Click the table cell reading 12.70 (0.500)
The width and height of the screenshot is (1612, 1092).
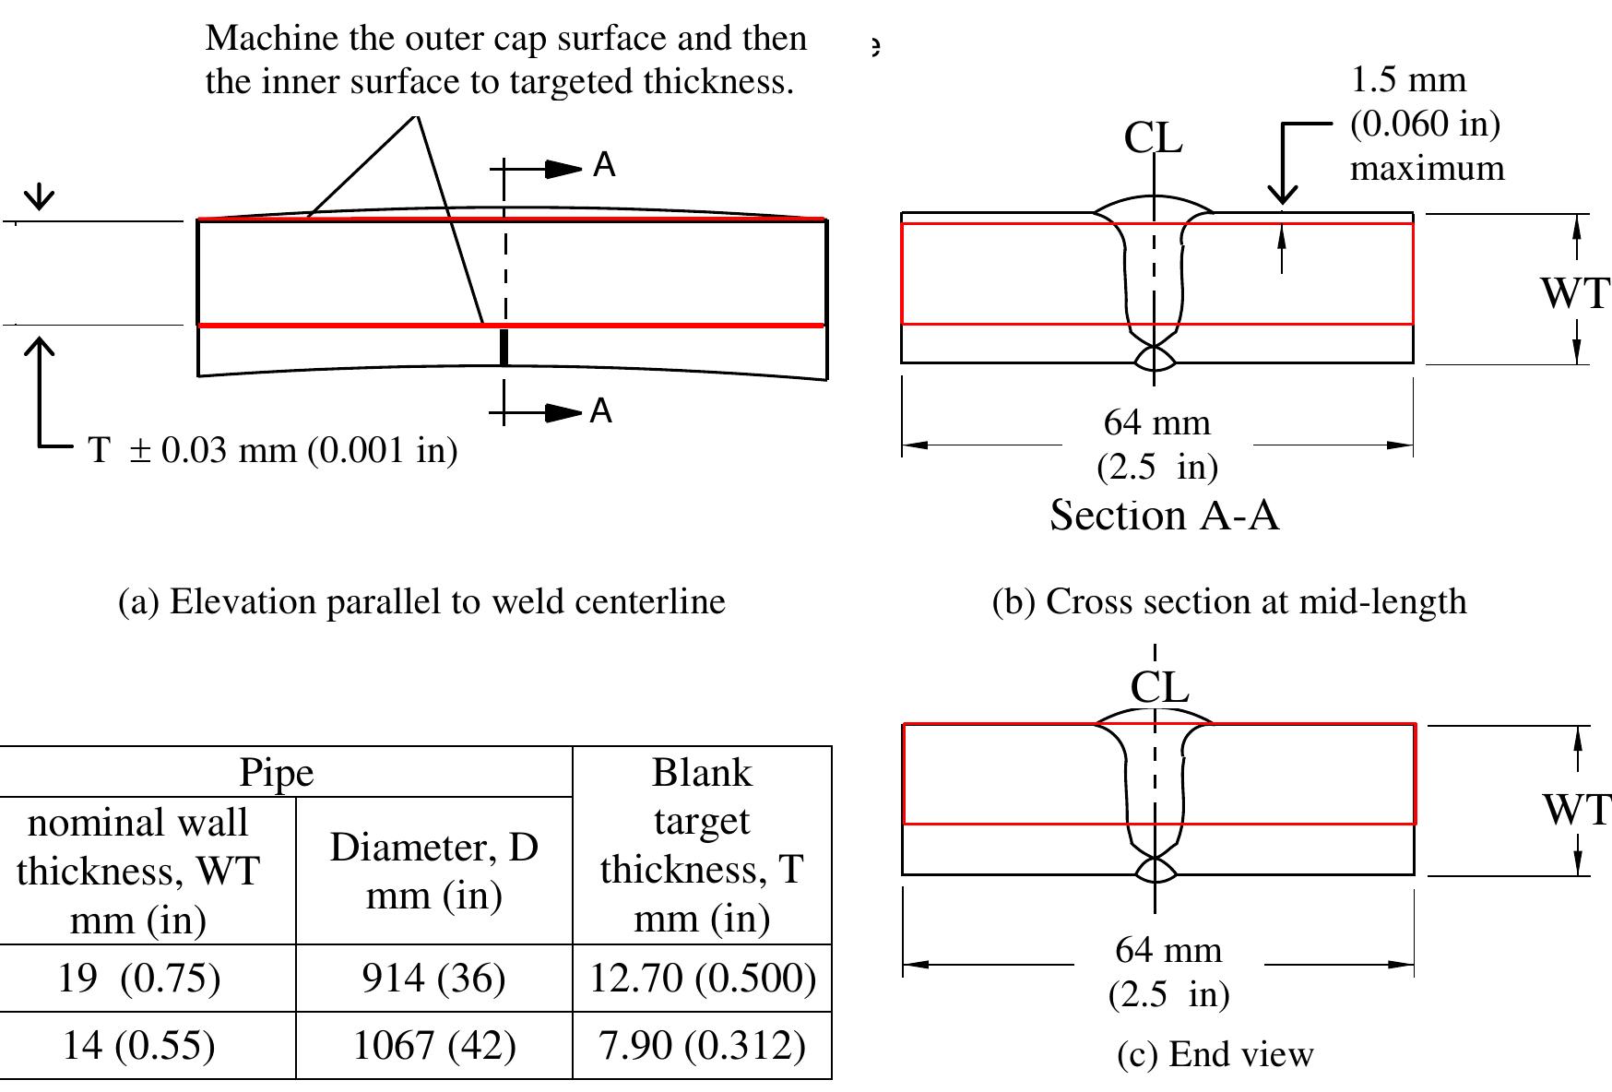click(x=703, y=978)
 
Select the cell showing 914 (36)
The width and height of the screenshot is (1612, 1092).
click(x=433, y=978)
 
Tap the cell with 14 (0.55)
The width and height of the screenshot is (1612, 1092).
click(x=138, y=1045)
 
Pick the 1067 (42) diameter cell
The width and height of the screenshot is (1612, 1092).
click(x=433, y=1045)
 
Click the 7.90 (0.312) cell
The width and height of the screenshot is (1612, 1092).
click(x=703, y=1045)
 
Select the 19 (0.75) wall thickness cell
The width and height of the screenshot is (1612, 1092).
click(x=138, y=978)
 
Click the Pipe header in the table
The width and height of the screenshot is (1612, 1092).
click(x=277, y=773)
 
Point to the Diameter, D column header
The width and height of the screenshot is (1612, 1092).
click(x=433, y=870)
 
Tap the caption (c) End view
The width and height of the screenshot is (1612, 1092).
click(x=1215, y=1053)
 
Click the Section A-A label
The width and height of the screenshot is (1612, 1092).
click(x=1164, y=515)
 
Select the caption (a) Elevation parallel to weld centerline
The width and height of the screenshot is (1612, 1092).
click(x=422, y=601)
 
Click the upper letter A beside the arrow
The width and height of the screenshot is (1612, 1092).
click(x=604, y=166)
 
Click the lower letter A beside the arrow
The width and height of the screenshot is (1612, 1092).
click(x=601, y=411)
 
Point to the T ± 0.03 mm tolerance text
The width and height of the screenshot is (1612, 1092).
click(x=273, y=450)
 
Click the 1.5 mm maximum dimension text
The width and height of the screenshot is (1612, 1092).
click(x=1425, y=125)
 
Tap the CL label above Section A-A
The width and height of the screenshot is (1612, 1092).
click(x=1153, y=138)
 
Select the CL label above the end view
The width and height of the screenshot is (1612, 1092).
click(x=1159, y=687)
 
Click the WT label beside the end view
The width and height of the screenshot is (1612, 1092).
click(x=1575, y=810)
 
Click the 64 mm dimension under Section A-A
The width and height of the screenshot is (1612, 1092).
click(x=1157, y=423)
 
